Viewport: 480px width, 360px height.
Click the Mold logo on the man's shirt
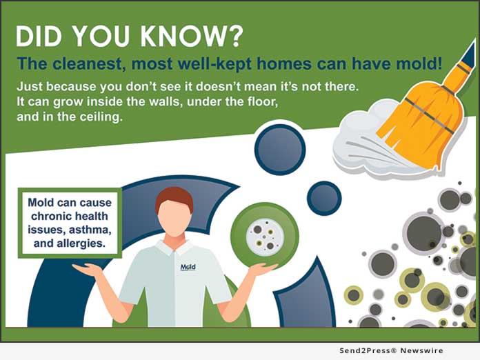click(188, 267)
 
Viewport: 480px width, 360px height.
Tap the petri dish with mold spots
click(264, 235)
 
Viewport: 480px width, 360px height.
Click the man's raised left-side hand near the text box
click(88, 270)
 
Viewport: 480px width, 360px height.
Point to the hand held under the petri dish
click(262, 269)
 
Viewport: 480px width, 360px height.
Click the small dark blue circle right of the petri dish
click(323, 199)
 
